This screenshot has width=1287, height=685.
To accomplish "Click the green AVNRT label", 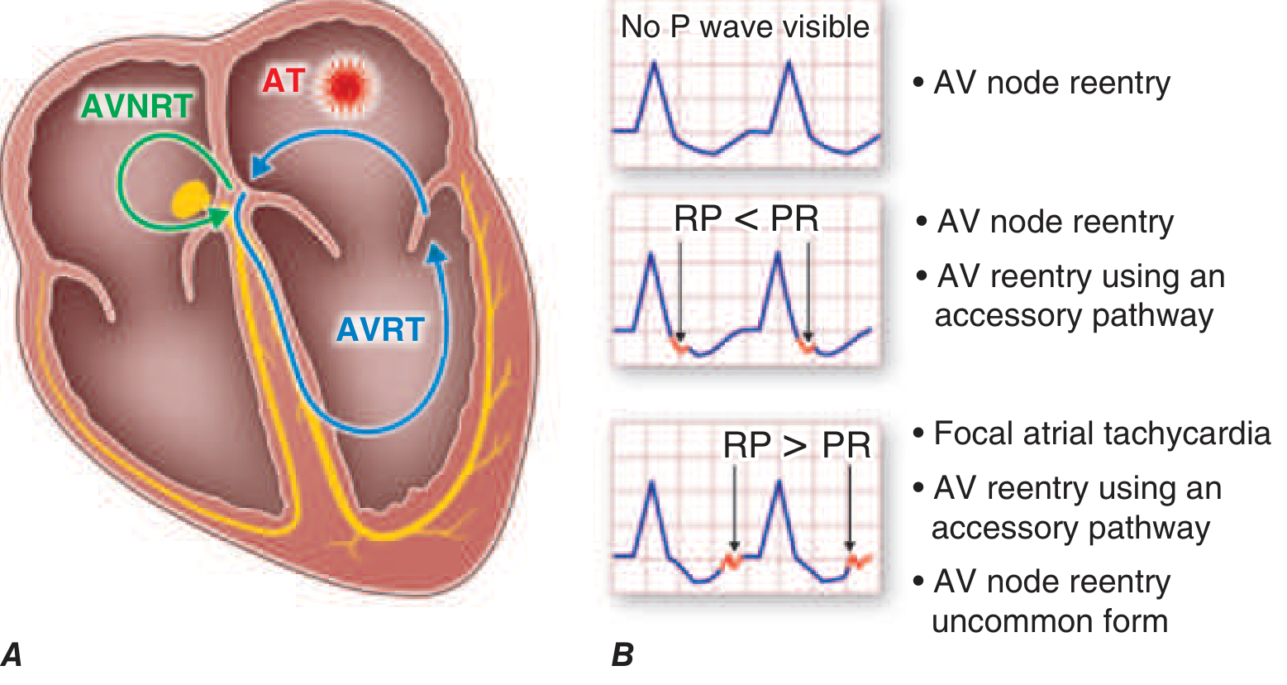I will pos(136,107).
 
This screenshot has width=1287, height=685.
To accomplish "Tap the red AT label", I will pos(284,81).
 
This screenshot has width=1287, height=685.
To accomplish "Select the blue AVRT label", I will pos(380,329).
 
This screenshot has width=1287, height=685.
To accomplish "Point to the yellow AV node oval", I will pos(191,199).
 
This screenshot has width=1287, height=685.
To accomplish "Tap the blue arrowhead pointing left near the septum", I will pos(260,167).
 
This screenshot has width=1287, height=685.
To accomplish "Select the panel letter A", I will pos(12,655).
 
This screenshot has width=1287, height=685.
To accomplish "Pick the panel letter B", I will pos(622,655).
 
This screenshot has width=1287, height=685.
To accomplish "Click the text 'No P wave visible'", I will pos(745,27).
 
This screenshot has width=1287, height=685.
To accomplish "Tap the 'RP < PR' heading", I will pos(746,218).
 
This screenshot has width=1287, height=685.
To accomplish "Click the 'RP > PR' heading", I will pos(797,445).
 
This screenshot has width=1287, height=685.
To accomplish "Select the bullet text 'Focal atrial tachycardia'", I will pos(1101,434).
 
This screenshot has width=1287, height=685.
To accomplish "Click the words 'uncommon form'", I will pos(1050,620).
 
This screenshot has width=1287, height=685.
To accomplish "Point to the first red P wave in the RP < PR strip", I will pos(680,346).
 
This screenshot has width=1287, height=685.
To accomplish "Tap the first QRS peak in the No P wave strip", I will pos(655,65).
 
